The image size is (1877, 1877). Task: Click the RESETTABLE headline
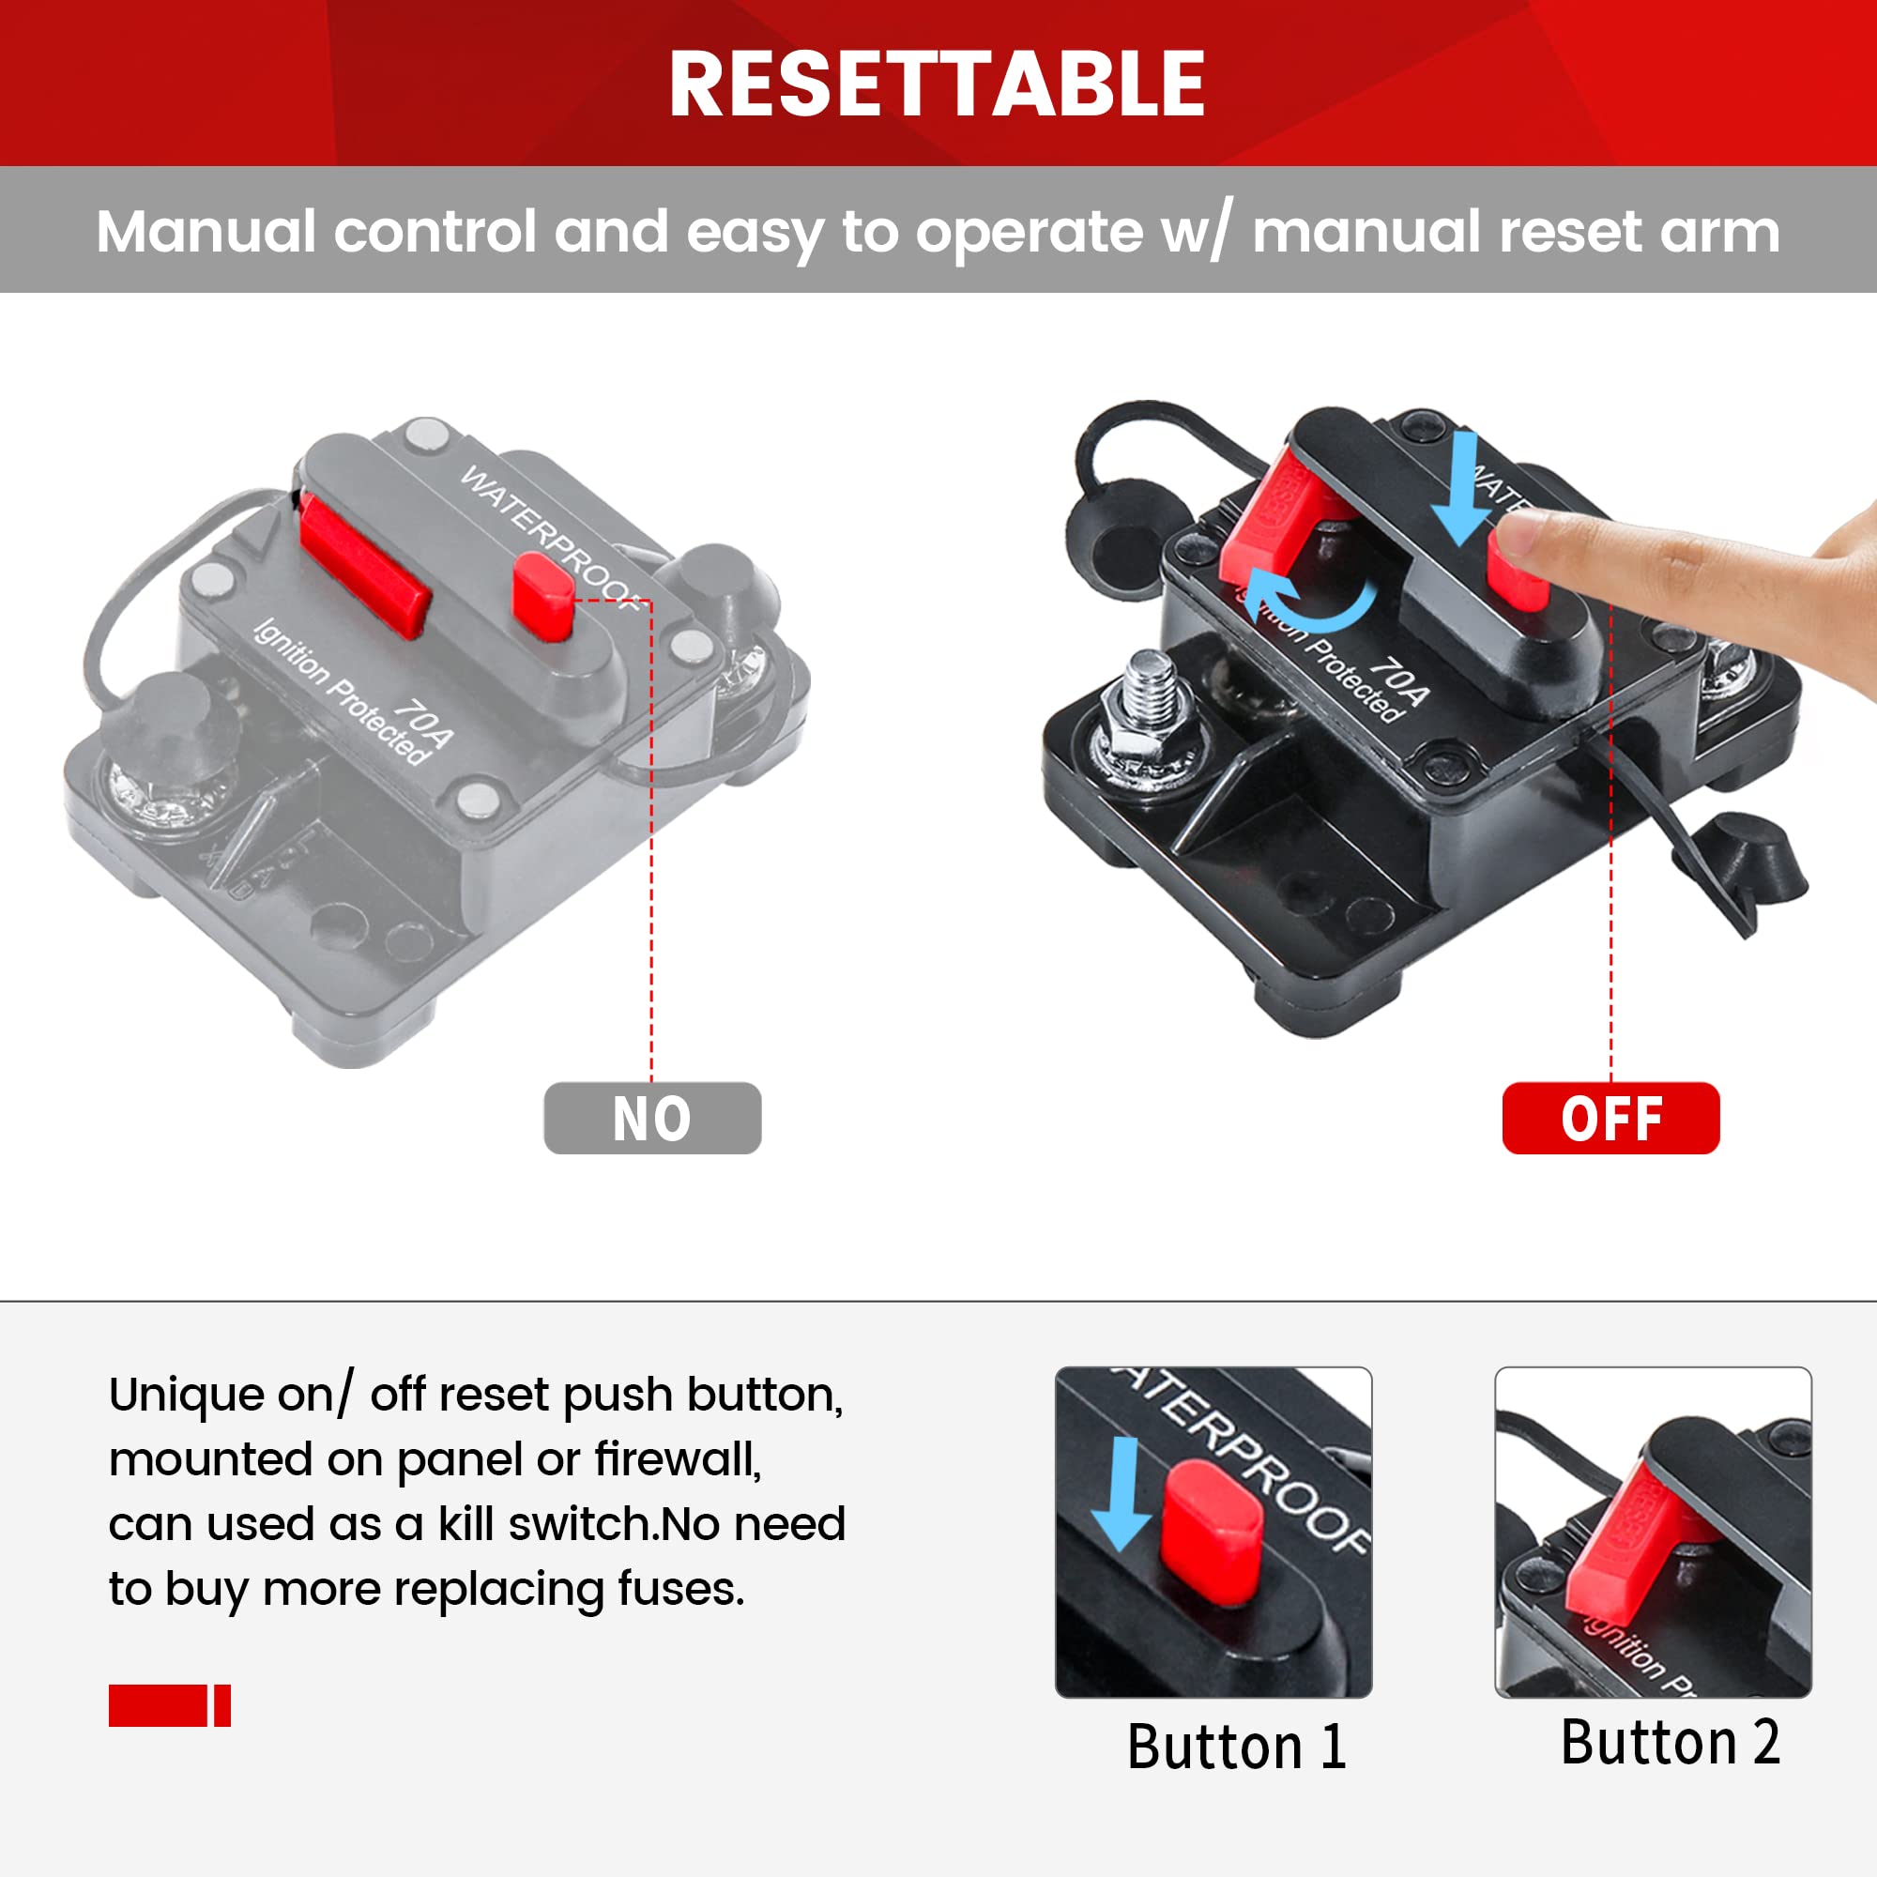click(x=938, y=84)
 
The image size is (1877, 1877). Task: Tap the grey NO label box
click(x=652, y=1119)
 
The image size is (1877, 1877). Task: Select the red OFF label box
click(x=1610, y=1119)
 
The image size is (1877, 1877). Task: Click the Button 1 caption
click(x=1236, y=1747)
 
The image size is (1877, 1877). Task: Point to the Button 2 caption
click(x=1671, y=1742)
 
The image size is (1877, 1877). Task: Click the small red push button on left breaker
click(x=543, y=596)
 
